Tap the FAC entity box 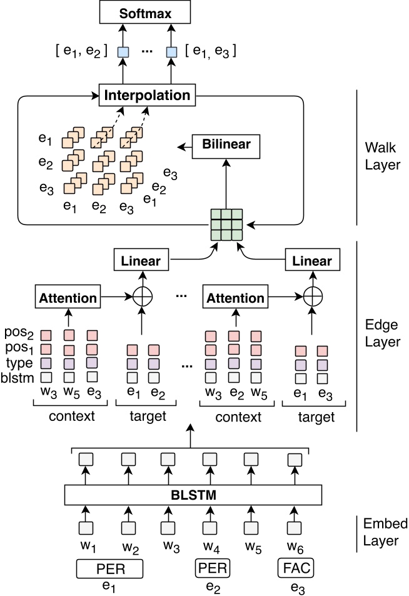296,568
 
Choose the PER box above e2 213,568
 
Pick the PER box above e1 110,568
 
